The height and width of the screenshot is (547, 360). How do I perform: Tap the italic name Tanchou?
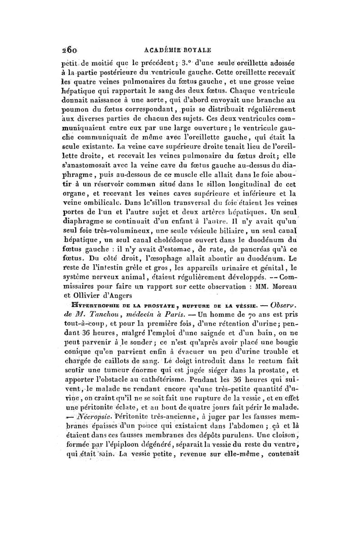(117, 314)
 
